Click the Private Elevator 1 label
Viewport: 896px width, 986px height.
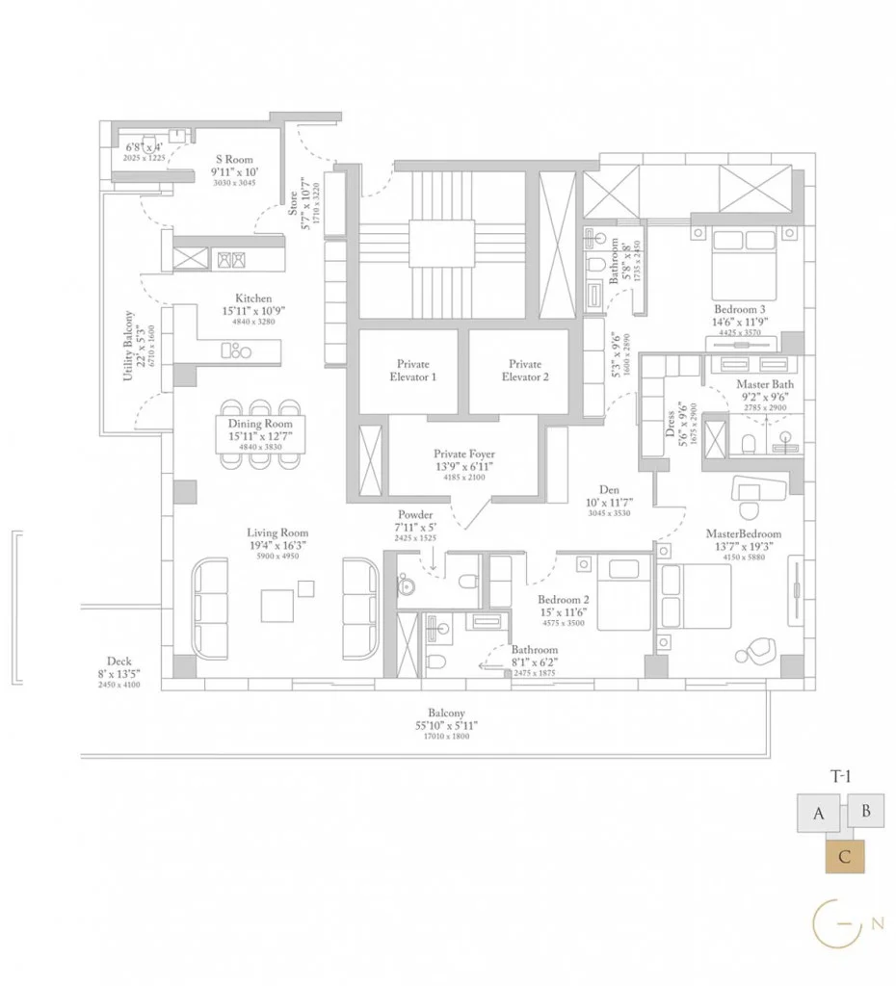pos(413,371)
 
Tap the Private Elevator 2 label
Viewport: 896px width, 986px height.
pos(524,371)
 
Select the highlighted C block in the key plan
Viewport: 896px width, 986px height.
pos(845,856)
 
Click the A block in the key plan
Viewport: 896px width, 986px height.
pos(819,814)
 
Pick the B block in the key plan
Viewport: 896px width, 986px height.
pos(865,811)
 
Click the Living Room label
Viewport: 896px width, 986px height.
pos(277,532)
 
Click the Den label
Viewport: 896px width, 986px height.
pos(608,490)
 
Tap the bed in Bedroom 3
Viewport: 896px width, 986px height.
pos(741,265)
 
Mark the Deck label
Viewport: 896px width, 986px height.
pos(119,662)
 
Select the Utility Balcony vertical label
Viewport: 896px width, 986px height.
pos(128,346)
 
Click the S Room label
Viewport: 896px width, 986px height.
pos(233,160)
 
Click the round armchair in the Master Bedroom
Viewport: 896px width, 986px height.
pos(754,652)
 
